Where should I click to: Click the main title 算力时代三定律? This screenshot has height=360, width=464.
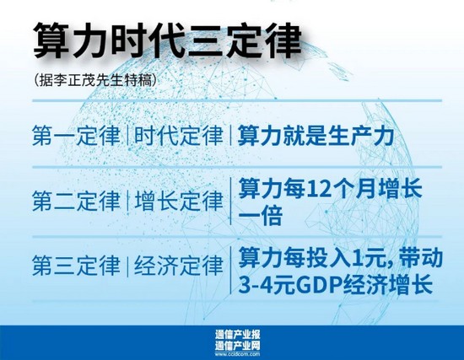point(168,40)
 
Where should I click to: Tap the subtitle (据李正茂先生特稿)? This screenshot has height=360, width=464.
point(95,80)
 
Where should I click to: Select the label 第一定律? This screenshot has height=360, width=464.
point(76,136)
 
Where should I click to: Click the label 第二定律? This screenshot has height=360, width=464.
point(76,201)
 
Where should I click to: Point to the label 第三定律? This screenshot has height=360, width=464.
point(76,266)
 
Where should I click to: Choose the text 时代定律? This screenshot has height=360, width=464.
point(179,136)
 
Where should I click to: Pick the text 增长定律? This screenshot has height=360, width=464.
point(179,201)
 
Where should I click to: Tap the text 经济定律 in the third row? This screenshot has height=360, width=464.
point(179,266)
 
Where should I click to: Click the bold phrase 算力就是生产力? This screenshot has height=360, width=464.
point(316,136)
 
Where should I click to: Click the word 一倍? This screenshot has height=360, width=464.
point(260,216)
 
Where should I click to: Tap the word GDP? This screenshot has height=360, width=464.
point(318,284)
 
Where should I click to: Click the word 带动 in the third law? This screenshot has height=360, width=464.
point(420,257)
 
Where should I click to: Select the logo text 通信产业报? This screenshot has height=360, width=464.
point(238,335)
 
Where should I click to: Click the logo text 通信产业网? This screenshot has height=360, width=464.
point(238,346)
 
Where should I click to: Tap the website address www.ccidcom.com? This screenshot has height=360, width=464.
point(238,354)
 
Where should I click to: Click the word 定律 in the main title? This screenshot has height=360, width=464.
point(264,40)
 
